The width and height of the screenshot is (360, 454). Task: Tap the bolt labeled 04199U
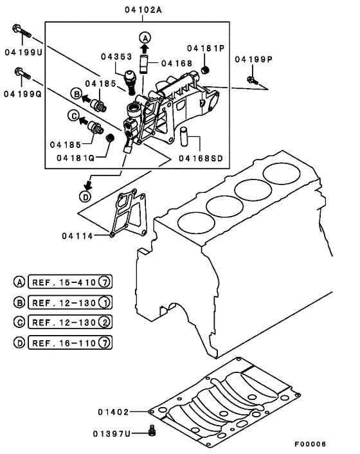pos(20,30)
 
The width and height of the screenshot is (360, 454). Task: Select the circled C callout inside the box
pos(73,116)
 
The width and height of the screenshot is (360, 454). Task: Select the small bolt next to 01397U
pos(152,430)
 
